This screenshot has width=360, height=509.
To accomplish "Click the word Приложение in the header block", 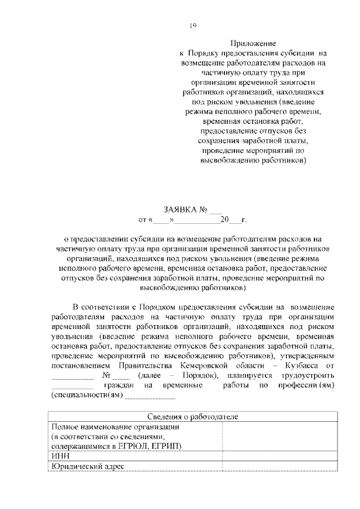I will (253, 43).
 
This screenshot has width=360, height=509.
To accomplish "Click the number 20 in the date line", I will (224, 219).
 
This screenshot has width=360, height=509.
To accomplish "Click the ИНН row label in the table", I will (60, 456).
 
